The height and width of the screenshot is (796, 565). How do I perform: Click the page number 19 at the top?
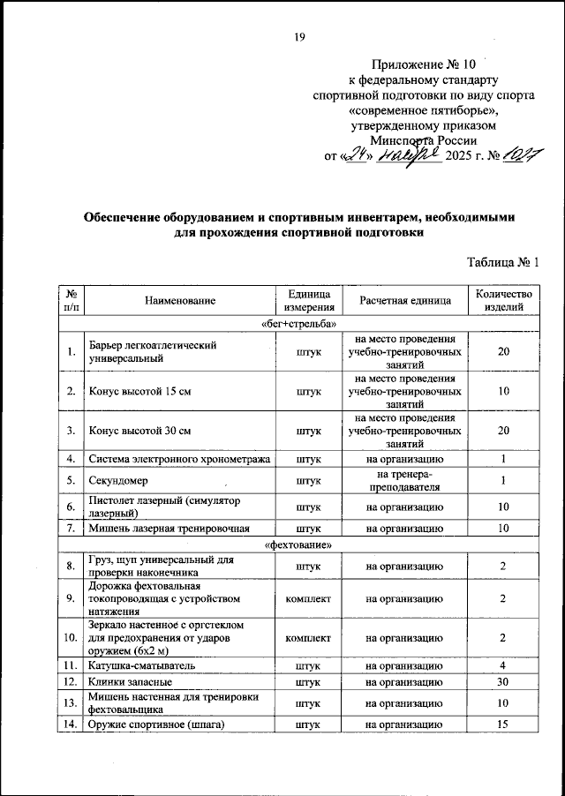(298, 36)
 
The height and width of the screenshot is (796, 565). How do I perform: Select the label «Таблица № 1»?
(501, 260)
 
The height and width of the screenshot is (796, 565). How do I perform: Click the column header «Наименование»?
(180, 301)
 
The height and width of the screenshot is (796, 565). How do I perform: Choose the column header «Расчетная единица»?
(405, 301)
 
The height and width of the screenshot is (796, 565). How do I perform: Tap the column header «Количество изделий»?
(502, 301)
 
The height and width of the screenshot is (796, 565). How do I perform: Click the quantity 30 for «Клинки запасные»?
(502, 682)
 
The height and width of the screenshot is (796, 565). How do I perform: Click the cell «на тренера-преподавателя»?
(405, 482)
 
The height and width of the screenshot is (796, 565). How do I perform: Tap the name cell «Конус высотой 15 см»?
(139, 390)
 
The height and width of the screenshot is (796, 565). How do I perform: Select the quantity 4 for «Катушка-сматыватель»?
(502, 665)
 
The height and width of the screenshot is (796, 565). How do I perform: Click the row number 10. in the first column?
(70, 636)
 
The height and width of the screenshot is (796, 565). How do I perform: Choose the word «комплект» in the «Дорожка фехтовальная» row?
(308, 598)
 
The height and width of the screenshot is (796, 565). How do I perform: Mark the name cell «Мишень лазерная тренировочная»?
(169, 529)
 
